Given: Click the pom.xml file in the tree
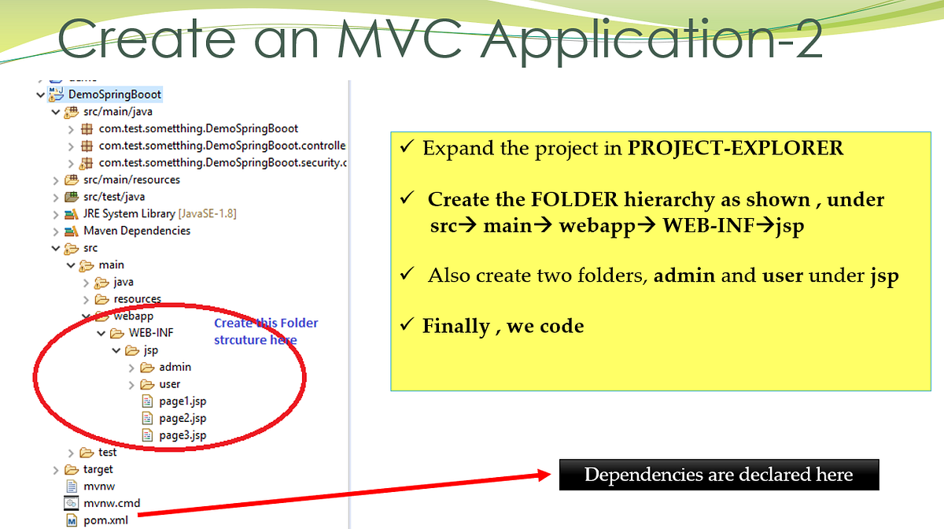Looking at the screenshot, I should tap(105, 520).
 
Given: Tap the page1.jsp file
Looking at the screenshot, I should tap(182, 401).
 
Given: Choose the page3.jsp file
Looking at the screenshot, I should tap(182, 435).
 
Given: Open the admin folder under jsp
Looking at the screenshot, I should tap(175, 367).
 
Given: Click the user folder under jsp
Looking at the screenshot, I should tap(169, 384).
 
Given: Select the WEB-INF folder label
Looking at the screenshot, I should tap(151, 333).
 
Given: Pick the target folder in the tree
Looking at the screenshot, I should tap(98, 469).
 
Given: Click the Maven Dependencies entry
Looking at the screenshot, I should tap(137, 231).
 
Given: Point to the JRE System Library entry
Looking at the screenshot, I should tap(129, 213).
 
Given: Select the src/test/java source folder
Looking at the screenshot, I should tap(113, 197).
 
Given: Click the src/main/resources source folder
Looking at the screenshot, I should tap(131, 179).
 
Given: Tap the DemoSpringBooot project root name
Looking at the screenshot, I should tap(126, 94).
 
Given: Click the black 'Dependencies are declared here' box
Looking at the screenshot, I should tap(718, 475).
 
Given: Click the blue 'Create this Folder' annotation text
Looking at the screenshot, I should tap(266, 324).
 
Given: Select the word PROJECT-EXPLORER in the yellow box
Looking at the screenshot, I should tap(735, 148).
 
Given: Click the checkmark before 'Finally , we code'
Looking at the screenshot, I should tap(407, 325).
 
